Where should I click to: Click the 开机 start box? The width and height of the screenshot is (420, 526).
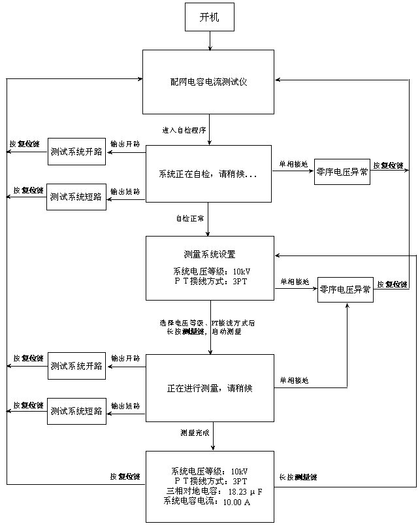(x=209, y=18)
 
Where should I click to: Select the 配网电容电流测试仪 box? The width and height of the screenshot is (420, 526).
(x=208, y=82)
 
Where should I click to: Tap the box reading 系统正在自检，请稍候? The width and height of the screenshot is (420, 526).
(x=208, y=174)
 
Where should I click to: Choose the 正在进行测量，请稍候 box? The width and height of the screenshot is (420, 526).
(x=210, y=388)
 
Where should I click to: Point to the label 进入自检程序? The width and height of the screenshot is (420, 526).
(x=184, y=131)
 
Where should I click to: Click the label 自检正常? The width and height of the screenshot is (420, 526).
(x=189, y=219)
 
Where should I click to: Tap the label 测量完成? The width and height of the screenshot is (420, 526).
(x=195, y=433)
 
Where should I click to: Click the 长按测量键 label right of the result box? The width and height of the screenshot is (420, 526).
(x=298, y=478)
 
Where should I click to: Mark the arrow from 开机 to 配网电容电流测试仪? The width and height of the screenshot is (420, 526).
(x=209, y=41)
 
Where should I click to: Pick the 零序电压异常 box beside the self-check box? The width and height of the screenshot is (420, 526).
(x=342, y=172)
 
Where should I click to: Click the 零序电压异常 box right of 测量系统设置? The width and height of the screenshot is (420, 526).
(x=346, y=289)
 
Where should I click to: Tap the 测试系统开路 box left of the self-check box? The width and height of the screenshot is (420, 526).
(x=76, y=152)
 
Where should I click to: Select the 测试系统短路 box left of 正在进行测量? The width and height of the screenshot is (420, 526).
(x=76, y=411)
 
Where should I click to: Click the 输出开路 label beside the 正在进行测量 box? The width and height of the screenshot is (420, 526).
(x=125, y=359)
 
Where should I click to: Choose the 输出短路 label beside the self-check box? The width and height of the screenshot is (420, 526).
(x=125, y=191)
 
